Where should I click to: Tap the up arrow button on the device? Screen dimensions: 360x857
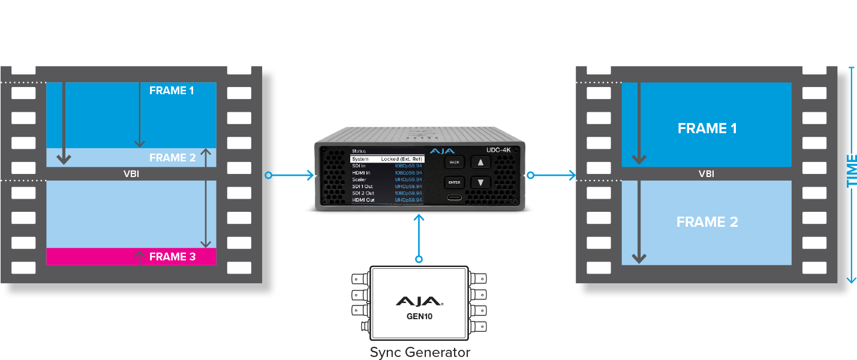click(480, 162)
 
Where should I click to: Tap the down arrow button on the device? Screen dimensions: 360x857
click(480, 182)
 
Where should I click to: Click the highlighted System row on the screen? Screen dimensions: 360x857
click(387, 159)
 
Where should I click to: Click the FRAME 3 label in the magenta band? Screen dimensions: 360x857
click(172, 257)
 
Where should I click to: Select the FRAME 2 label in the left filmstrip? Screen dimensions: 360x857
click(172, 158)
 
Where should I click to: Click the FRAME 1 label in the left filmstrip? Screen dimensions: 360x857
click(172, 91)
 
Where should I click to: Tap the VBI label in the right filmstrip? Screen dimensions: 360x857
click(706, 174)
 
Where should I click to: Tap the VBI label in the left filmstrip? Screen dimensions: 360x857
click(130, 174)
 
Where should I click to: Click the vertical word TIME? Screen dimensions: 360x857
click(851, 170)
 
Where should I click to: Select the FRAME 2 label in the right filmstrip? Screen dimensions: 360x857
click(707, 222)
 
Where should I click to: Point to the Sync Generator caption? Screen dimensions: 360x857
click(420, 352)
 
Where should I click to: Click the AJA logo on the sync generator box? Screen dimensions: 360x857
click(419, 301)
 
